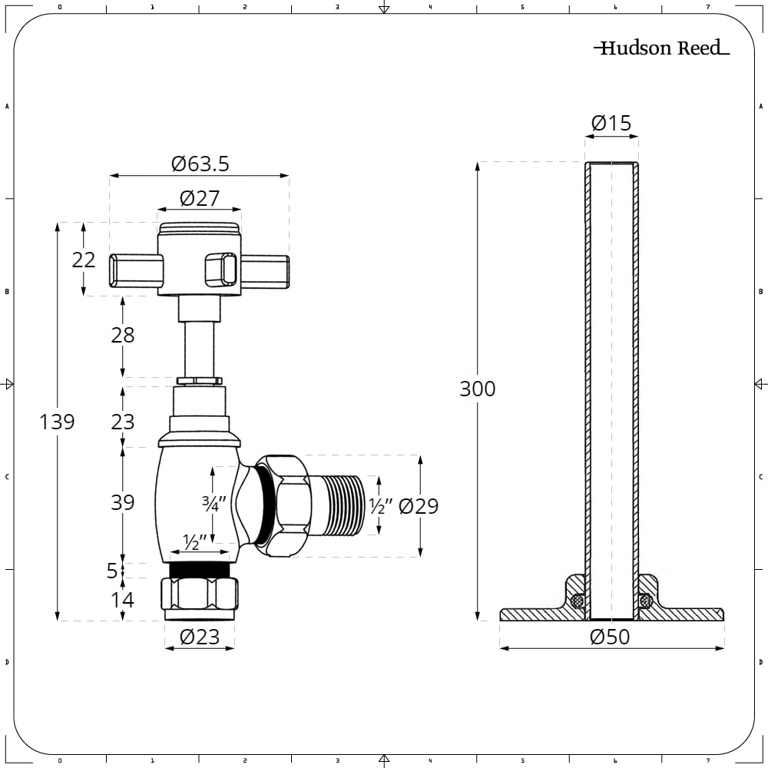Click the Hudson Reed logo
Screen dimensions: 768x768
click(x=661, y=48)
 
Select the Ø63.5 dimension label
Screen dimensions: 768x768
click(x=200, y=164)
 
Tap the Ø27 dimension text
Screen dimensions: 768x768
click(x=200, y=198)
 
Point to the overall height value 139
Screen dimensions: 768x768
click(x=58, y=422)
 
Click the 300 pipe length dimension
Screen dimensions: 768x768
click(x=477, y=389)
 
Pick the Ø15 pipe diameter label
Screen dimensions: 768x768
click(x=611, y=123)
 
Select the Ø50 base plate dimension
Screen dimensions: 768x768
click(x=611, y=637)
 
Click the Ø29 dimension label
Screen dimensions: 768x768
click(x=419, y=506)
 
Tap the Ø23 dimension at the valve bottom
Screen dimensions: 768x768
click(x=200, y=637)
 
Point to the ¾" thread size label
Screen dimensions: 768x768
click(x=212, y=505)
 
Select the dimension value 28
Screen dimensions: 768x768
click(x=122, y=335)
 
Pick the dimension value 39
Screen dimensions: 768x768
click(x=122, y=502)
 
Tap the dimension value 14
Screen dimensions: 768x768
click(x=122, y=600)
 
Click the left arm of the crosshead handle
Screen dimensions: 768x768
click(x=136, y=270)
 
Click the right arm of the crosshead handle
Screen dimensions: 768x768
click(x=264, y=270)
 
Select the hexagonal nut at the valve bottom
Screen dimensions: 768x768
click(x=199, y=594)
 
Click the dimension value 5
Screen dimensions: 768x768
click(x=112, y=571)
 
